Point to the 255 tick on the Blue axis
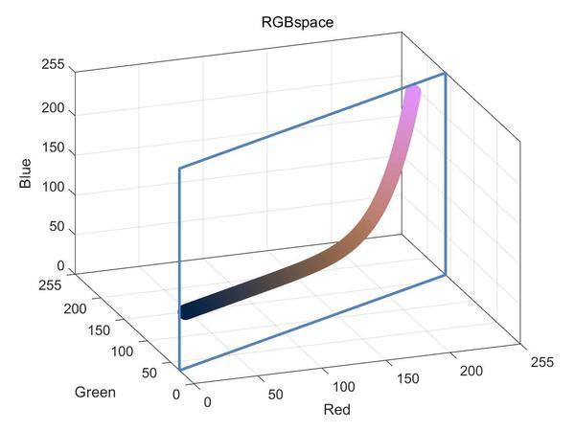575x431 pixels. (53, 66)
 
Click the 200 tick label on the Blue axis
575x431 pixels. (53, 108)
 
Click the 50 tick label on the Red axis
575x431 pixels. (275, 393)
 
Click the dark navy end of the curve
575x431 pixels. (188, 311)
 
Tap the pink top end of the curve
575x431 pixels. (413, 93)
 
